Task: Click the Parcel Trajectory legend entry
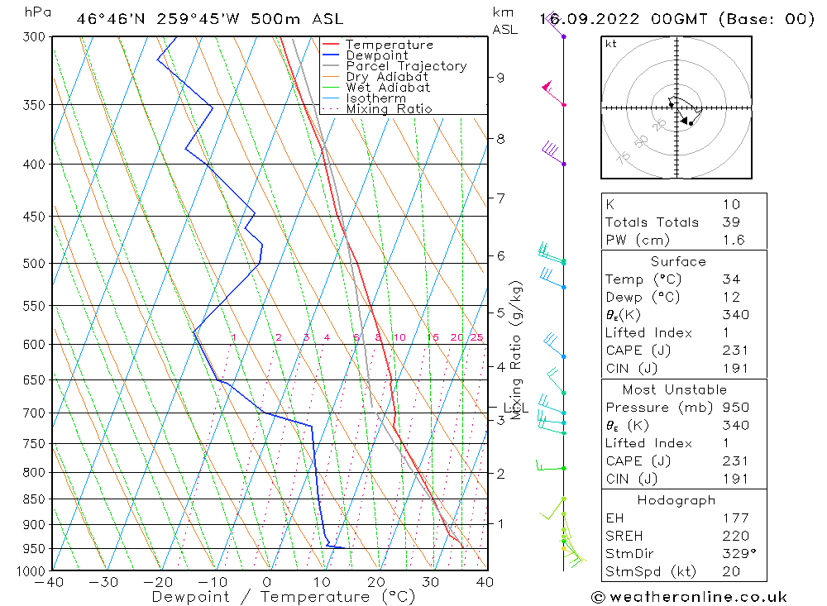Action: point(406,66)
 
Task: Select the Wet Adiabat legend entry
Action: point(388,88)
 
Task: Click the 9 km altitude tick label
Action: point(500,78)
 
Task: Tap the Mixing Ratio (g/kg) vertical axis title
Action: point(518,350)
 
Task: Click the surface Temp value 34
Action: point(731,279)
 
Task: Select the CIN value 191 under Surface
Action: point(735,369)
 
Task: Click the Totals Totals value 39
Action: point(731,222)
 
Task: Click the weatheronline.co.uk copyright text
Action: point(690,597)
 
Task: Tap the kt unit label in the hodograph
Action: point(611,44)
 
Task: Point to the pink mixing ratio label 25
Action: point(476,337)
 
